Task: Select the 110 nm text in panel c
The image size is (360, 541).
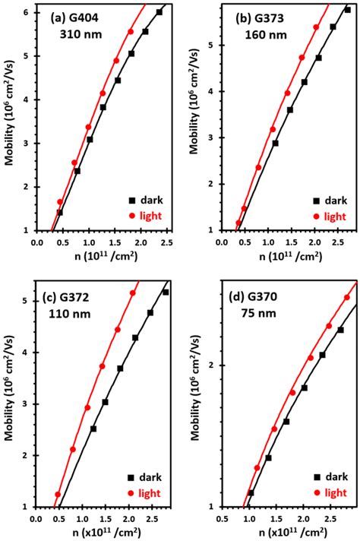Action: (70, 312)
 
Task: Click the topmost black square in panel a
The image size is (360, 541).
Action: (159, 12)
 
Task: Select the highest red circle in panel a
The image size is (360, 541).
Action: (131, 32)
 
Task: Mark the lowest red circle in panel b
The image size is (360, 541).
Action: (238, 223)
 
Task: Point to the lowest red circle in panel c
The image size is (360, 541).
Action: (58, 495)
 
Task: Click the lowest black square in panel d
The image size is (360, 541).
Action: (251, 492)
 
